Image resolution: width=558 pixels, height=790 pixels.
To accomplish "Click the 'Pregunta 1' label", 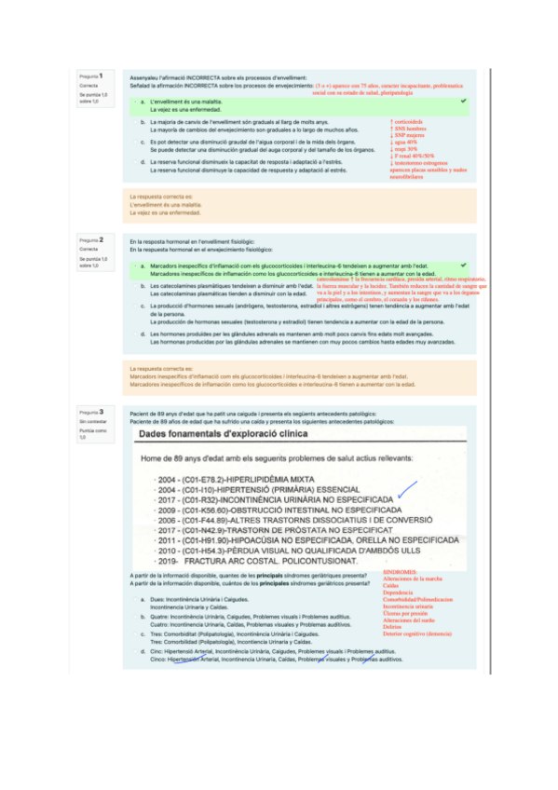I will click(91, 75).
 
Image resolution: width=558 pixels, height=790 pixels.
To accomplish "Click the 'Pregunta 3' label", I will click(91, 411).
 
